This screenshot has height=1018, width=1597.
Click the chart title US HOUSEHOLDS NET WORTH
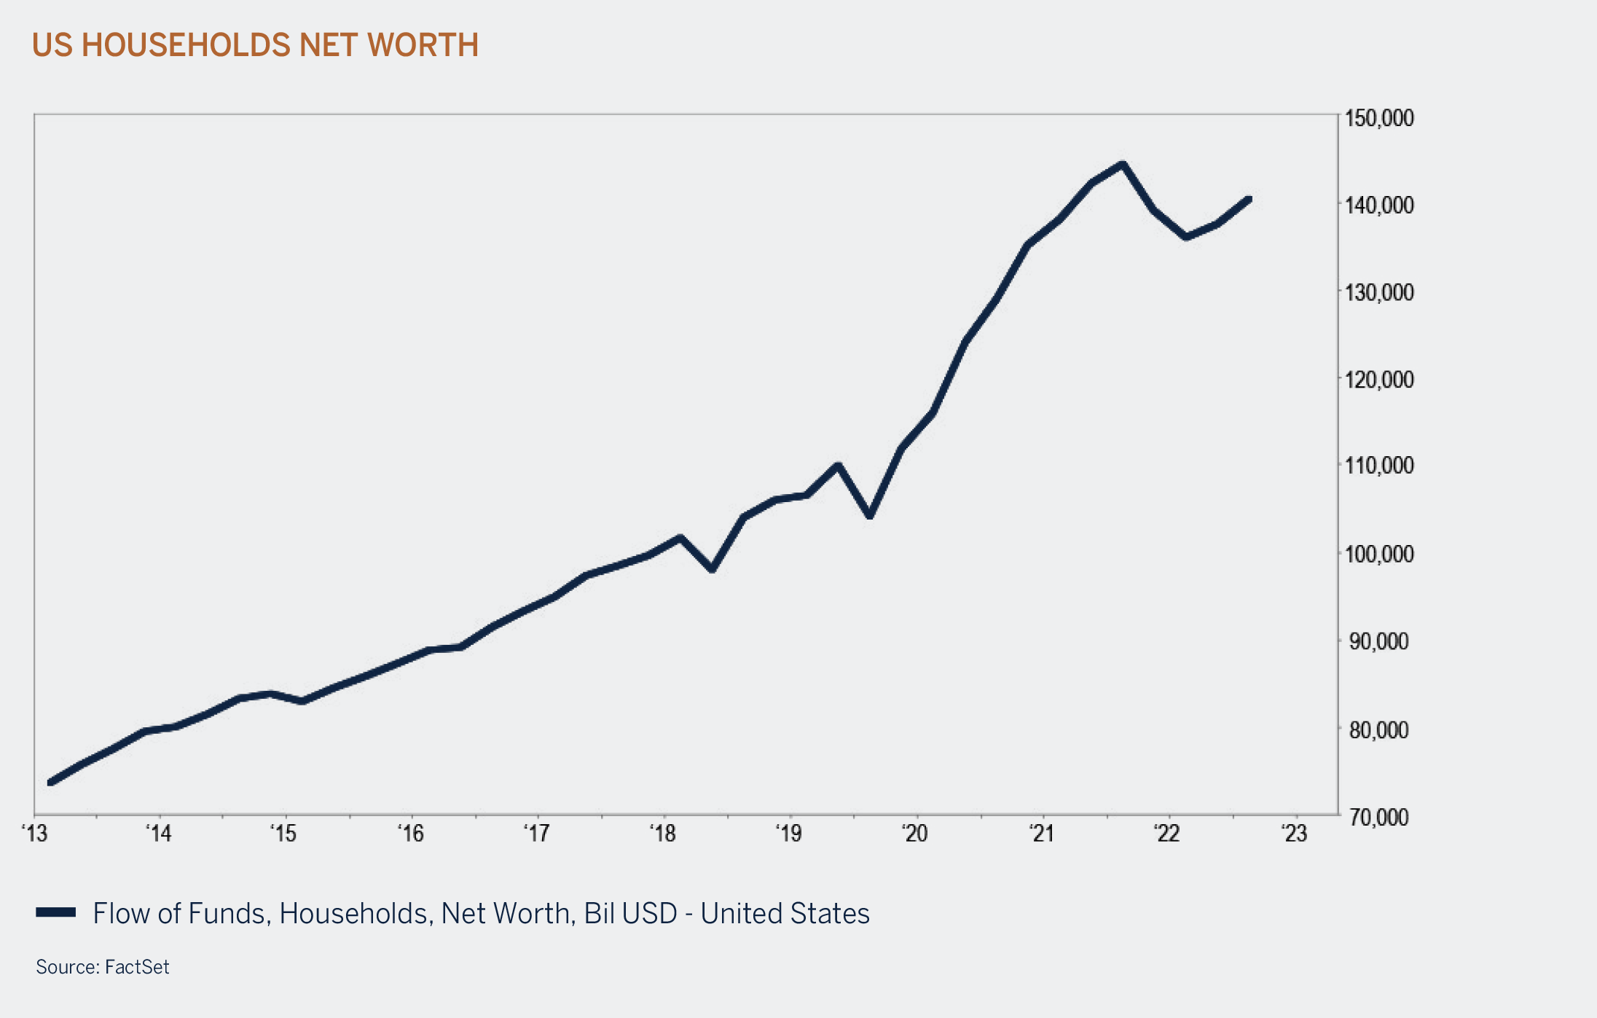[x=255, y=45]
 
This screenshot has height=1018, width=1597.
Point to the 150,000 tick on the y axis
[x=1378, y=118]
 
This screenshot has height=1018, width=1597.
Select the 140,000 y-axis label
[x=1378, y=205]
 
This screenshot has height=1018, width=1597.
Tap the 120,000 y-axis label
[x=1378, y=380]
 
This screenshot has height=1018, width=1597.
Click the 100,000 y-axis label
[x=1378, y=555]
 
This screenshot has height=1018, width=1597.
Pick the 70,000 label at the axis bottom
[x=1378, y=818]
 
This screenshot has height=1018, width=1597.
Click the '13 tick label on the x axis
[x=35, y=834]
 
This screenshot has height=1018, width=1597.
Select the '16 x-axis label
[x=411, y=834]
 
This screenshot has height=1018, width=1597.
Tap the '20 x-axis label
[x=915, y=834]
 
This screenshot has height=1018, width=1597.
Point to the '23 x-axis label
[x=1295, y=834]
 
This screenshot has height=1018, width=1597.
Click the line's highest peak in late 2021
[x=1123, y=165]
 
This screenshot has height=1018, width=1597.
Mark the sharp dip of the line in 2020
[x=870, y=515]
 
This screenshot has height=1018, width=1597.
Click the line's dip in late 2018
[x=713, y=569]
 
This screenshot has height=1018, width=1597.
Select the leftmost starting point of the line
[x=50, y=783]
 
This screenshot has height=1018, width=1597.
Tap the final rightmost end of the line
[x=1249, y=199]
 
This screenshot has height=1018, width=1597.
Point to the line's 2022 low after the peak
[x=1187, y=237]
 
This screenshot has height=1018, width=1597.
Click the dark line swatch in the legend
[x=56, y=912]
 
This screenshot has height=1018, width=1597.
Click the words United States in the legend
[x=785, y=914]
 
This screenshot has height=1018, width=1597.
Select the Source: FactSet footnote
[x=102, y=967]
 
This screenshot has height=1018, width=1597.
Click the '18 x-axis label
[x=663, y=834]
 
